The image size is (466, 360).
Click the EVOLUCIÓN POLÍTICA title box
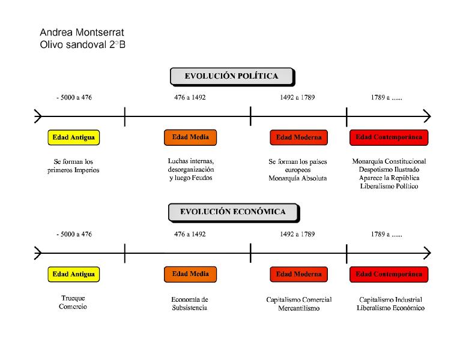232,77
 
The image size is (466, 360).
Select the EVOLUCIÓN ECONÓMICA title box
234,212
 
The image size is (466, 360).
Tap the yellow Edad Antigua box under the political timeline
74,137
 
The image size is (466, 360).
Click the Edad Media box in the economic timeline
190,274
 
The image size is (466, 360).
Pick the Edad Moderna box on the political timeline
298,137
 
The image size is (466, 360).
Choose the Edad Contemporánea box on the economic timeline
389,274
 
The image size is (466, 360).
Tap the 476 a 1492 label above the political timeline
190,97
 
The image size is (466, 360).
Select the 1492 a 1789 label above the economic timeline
297,234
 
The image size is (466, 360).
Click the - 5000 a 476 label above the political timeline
74,97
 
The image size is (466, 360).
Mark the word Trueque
73,298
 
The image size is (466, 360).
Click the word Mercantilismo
299,308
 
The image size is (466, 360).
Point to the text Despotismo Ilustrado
389,170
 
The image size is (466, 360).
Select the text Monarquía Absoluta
298,178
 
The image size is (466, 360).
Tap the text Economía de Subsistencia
190,304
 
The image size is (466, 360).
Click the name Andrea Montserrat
82,32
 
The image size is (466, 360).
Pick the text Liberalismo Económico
390,308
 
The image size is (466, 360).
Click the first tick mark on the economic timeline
125,253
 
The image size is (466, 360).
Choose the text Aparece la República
389,178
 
